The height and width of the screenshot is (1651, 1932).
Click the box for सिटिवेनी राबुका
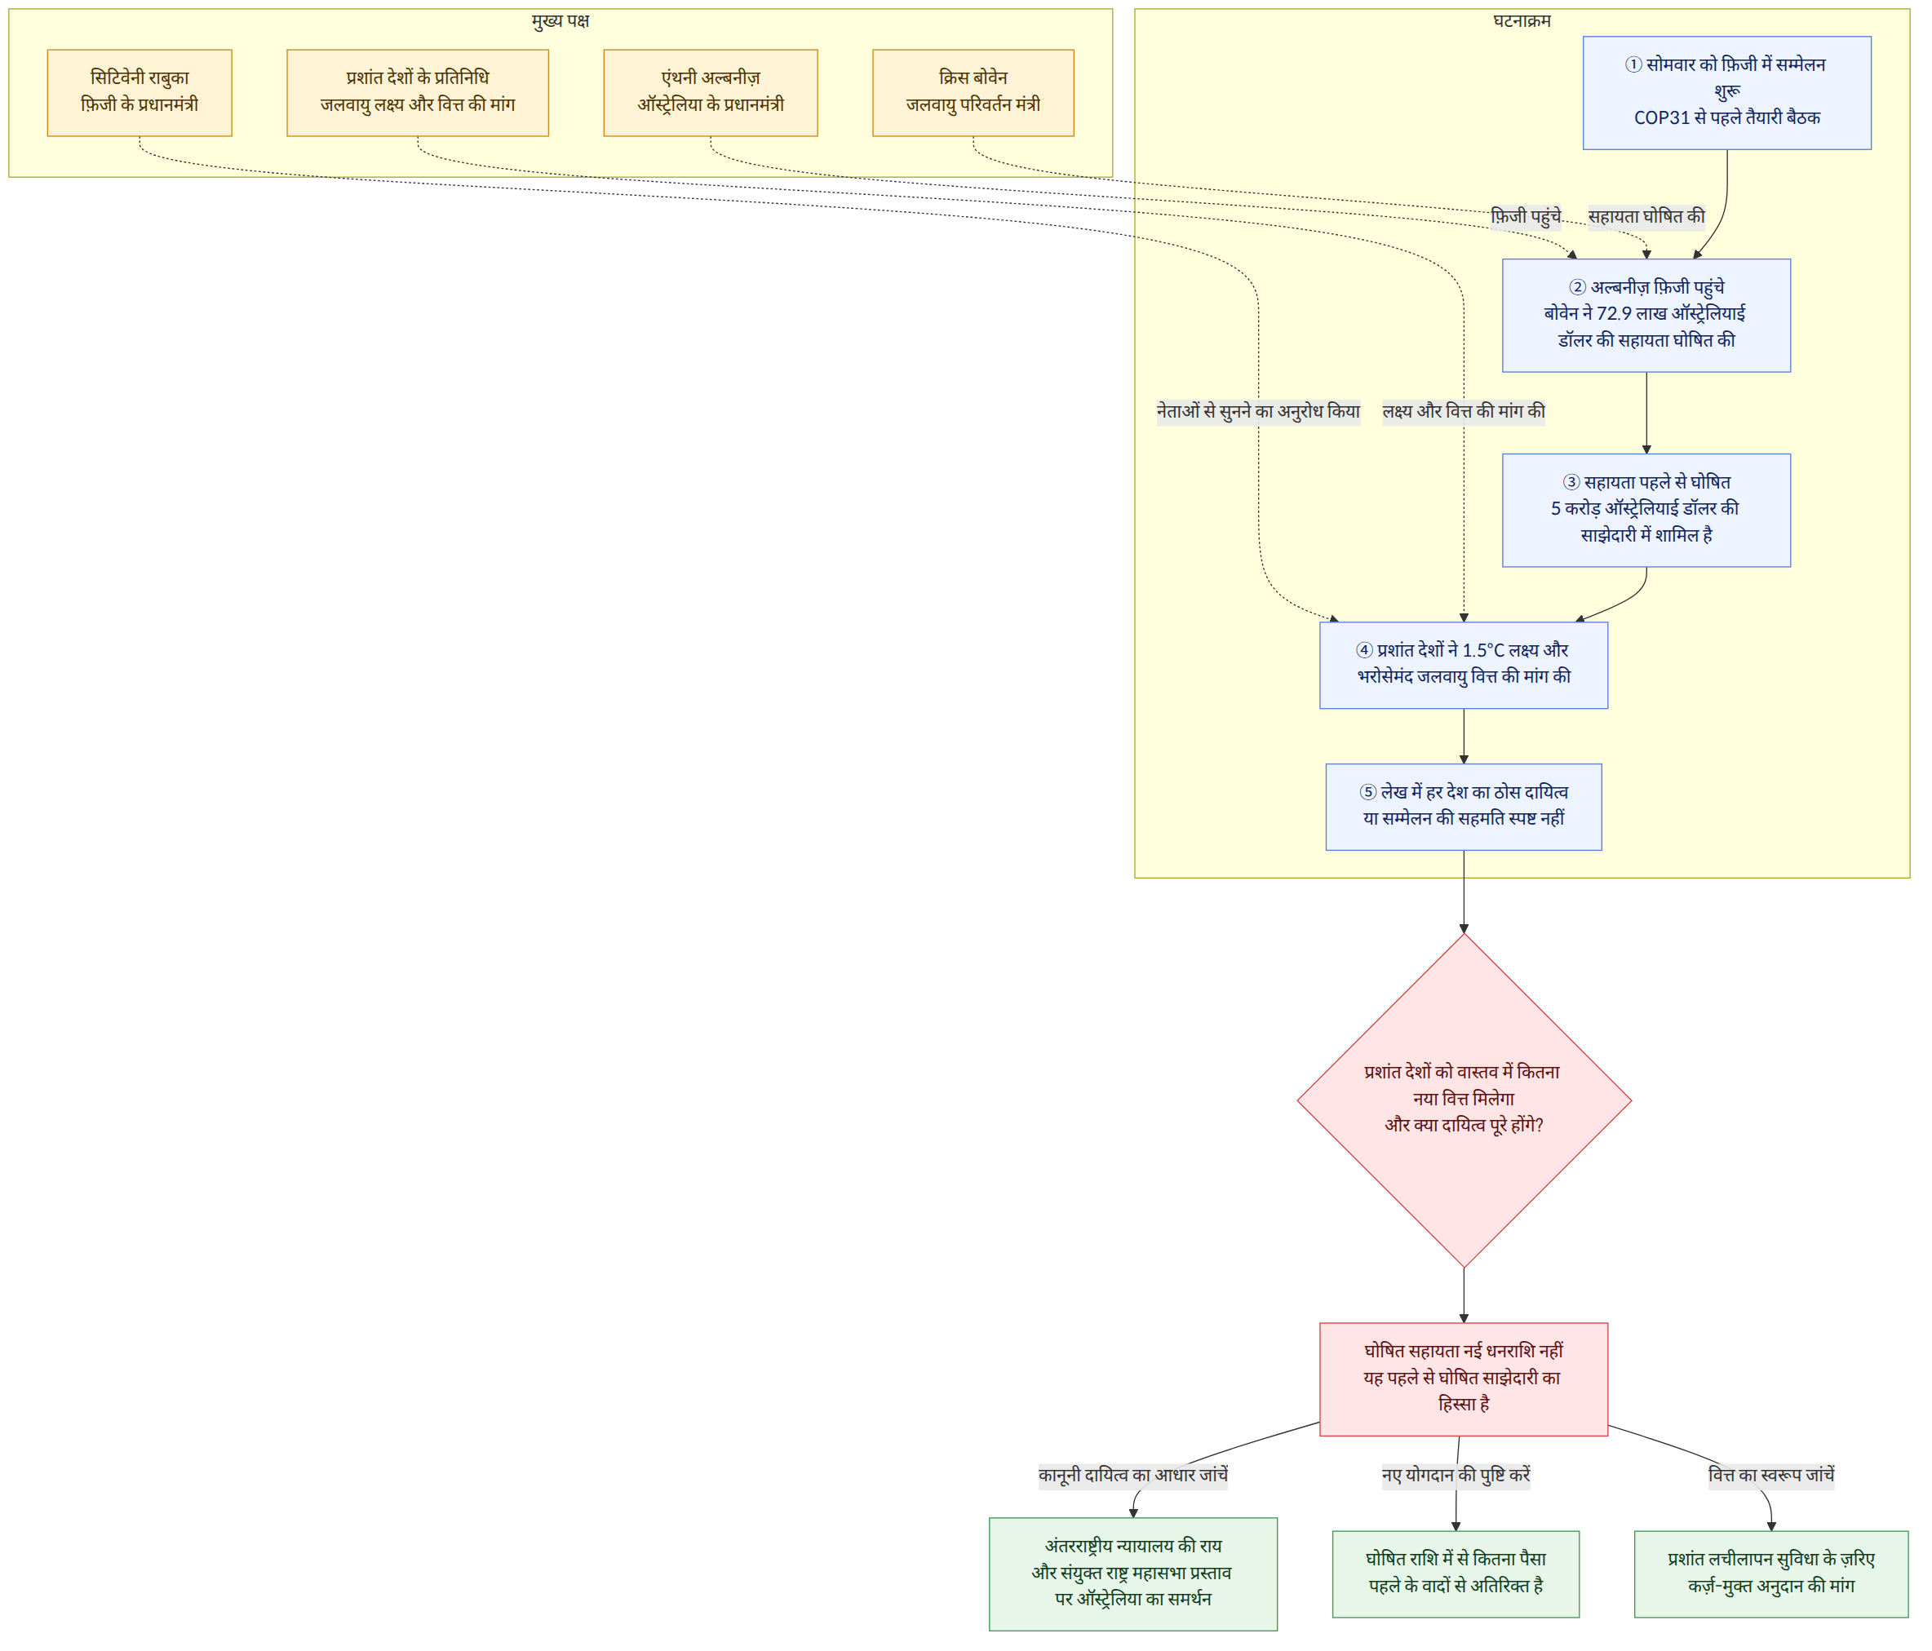point(139,92)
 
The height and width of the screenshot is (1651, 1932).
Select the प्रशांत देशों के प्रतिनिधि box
point(417,92)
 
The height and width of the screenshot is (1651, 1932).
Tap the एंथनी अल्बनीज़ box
point(711,92)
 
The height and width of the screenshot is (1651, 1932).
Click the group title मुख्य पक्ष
point(561,20)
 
